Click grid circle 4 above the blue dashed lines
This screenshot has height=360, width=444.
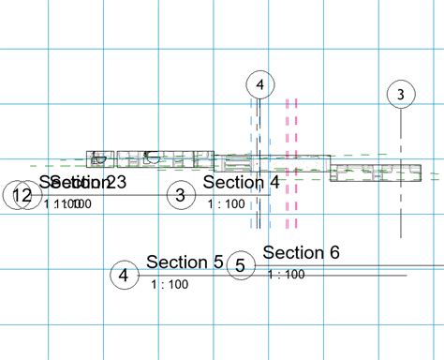click(259, 85)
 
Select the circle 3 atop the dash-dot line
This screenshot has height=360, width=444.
click(400, 94)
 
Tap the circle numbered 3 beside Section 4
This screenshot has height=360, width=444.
click(181, 195)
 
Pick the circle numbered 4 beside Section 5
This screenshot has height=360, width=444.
click(124, 276)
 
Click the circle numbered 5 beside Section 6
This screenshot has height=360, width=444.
click(240, 265)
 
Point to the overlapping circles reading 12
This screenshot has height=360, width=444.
click(20, 196)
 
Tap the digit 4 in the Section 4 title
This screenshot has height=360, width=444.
click(274, 182)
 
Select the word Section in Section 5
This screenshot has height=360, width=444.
click(176, 262)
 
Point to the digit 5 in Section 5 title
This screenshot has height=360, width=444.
click(218, 262)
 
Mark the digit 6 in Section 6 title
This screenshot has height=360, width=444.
click(333, 252)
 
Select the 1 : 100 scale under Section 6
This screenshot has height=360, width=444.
click(286, 274)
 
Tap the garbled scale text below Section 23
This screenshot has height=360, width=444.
click(67, 202)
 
